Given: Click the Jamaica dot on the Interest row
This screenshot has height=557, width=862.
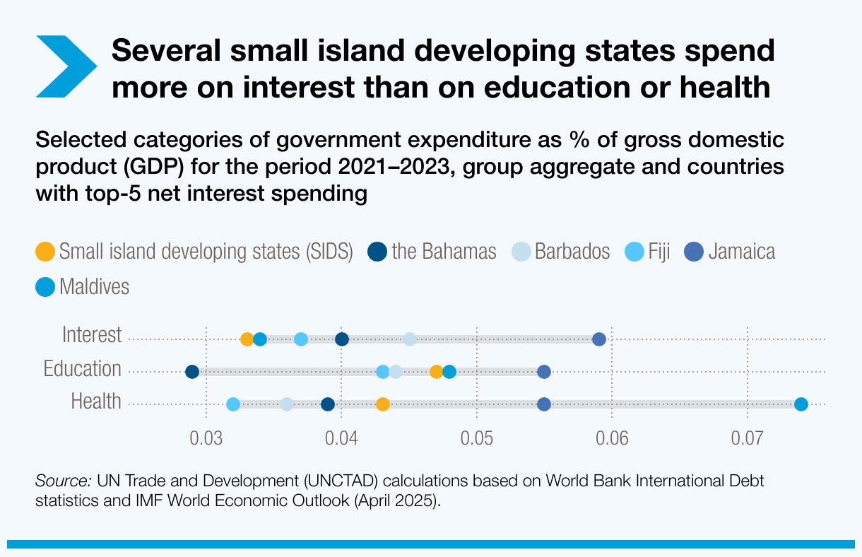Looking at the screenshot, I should click(x=599, y=339).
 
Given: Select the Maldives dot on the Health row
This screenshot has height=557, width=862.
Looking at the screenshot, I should click(x=801, y=404).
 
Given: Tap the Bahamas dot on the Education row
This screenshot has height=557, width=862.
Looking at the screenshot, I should click(x=192, y=372).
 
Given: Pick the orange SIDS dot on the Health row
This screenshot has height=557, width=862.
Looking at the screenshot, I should click(x=382, y=404).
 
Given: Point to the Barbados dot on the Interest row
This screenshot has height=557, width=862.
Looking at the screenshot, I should click(x=410, y=339).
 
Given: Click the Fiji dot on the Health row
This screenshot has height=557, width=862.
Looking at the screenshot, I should click(x=233, y=404).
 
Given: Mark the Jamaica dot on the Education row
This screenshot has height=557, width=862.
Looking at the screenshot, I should click(x=544, y=372).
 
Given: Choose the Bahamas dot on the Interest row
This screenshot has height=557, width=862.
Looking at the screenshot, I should click(x=342, y=339).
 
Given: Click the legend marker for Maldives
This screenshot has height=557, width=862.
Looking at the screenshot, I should click(x=45, y=287).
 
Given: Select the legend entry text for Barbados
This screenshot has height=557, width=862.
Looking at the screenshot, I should click(x=572, y=252).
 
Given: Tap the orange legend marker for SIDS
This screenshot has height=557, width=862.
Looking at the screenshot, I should click(x=45, y=252).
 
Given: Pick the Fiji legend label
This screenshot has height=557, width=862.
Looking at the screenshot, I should click(x=659, y=252).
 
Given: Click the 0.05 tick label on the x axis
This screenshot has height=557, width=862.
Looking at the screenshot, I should click(x=477, y=438).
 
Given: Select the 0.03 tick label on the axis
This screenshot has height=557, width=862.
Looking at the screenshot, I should click(x=206, y=438).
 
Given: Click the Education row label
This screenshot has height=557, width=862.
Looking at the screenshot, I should click(x=82, y=369).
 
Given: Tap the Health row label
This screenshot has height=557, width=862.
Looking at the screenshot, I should click(x=96, y=401).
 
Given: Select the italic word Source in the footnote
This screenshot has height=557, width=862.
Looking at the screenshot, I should click(x=62, y=482).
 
